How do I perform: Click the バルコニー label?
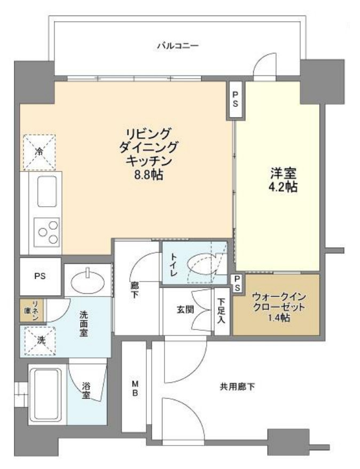click(177, 46)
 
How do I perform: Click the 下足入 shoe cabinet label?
click(221, 311)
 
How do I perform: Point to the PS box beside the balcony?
click(235, 99)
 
